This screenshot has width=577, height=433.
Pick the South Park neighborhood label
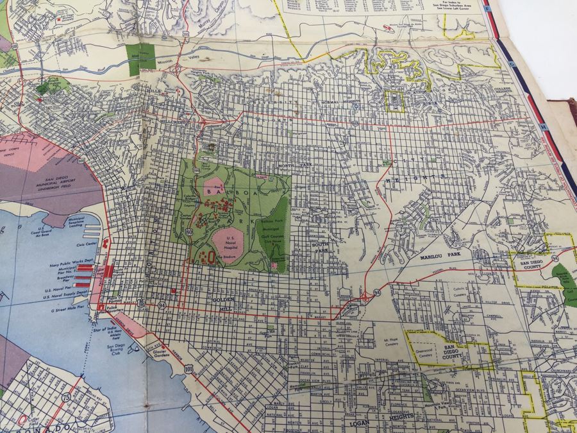tap(320, 248)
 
